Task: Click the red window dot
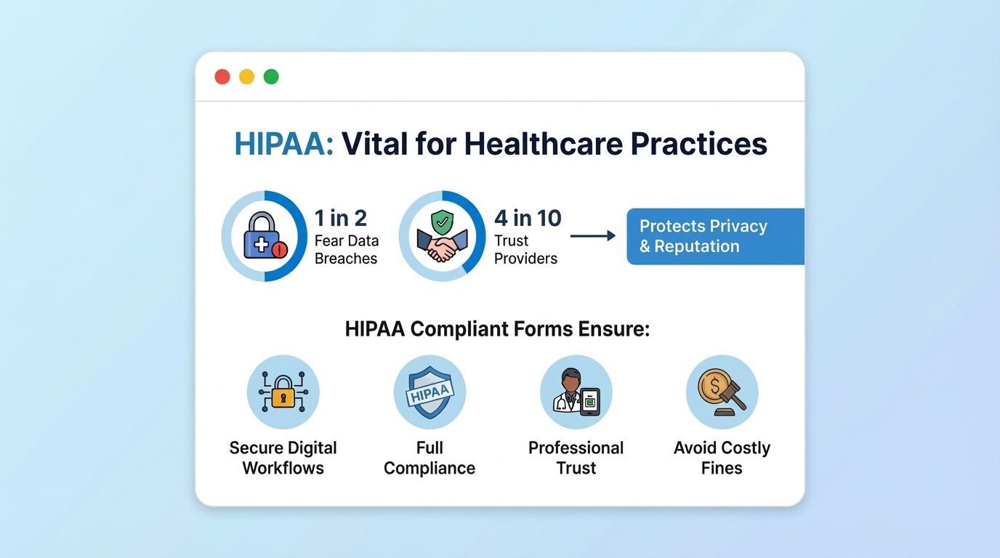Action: [x=222, y=77]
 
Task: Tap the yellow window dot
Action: [x=247, y=77]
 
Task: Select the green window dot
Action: [x=271, y=77]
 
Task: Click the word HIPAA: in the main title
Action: [x=283, y=144]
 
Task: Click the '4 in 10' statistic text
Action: [x=528, y=217]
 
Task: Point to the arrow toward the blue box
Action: [x=592, y=236]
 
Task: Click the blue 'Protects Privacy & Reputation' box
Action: [x=715, y=236]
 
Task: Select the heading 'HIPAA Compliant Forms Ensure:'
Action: [x=497, y=329]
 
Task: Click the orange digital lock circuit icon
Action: [x=283, y=392]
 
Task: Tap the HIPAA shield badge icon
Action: [x=430, y=392]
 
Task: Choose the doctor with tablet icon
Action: [x=576, y=392]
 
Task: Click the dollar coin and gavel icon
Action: [x=722, y=392]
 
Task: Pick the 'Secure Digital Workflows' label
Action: [x=283, y=458]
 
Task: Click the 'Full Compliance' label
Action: [x=430, y=458]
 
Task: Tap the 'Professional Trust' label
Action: [x=576, y=458]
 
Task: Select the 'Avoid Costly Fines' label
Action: [x=722, y=458]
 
